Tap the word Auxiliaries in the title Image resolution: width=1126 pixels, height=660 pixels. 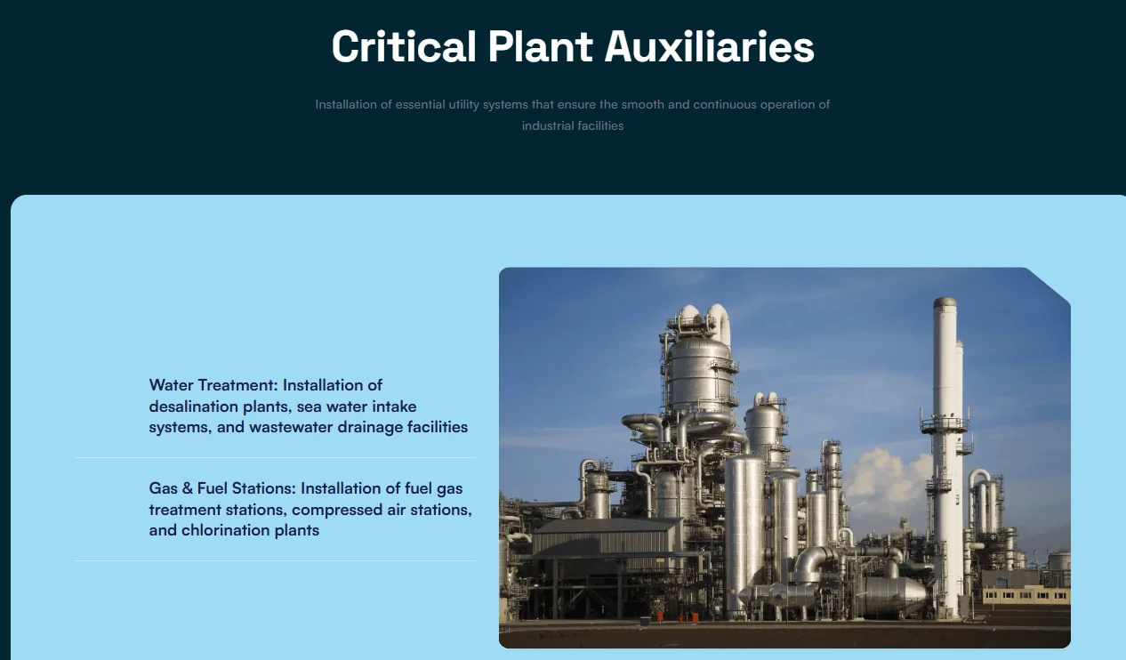(709, 47)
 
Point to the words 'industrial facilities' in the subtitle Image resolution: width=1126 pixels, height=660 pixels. (573, 125)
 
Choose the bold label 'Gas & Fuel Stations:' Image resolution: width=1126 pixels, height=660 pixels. (222, 488)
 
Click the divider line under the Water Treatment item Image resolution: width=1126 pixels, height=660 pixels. (274, 457)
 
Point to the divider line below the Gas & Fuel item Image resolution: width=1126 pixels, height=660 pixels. (274, 560)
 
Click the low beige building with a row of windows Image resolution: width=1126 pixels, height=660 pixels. (1025, 590)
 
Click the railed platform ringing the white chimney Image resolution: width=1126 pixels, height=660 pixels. (945, 426)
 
